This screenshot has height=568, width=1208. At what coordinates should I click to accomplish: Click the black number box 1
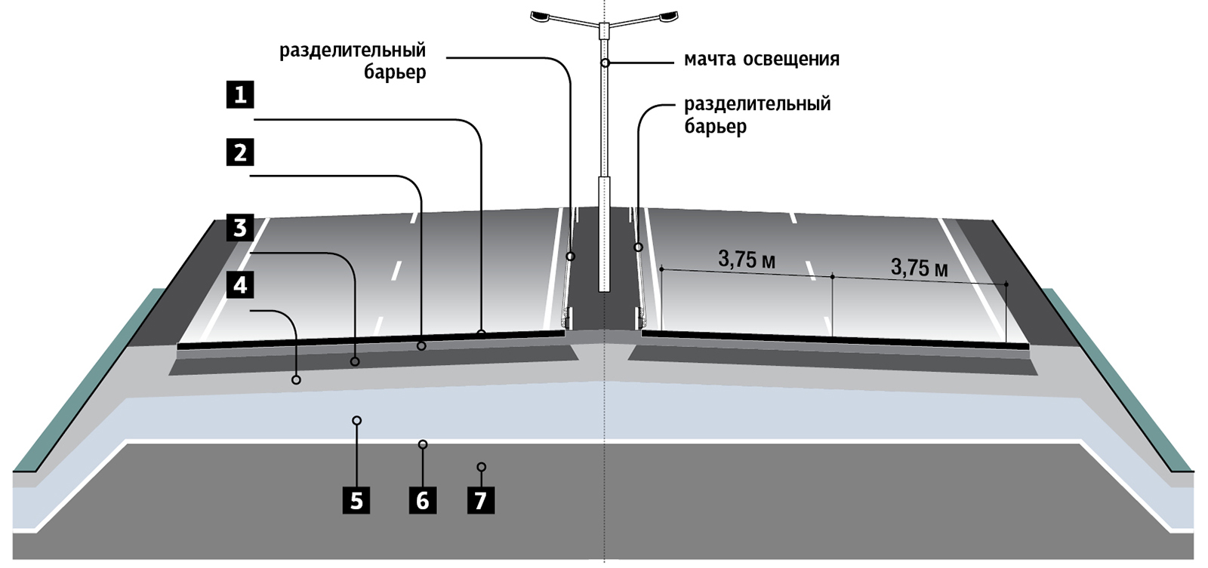pyautogui.click(x=240, y=95)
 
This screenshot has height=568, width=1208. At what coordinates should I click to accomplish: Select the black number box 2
pyautogui.click(x=240, y=152)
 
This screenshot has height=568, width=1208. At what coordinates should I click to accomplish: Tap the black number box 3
pyautogui.click(x=240, y=227)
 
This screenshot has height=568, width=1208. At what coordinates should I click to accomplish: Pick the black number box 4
pyautogui.click(x=240, y=285)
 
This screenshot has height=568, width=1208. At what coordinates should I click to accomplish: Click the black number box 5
pyautogui.click(x=356, y=500)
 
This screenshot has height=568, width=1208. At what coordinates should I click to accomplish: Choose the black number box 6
pyautogui.click(x=422, y=500)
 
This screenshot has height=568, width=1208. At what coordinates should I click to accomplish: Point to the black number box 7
pyautogui.click(x=481, y=500)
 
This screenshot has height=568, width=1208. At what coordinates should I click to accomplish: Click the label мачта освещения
pyautogui.click(x=761, y=60)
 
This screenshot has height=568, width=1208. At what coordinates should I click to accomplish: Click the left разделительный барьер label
pyautogui.click(x=353, y=61)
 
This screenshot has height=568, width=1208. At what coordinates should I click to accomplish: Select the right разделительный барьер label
pyautogui.click(x=757, y=115)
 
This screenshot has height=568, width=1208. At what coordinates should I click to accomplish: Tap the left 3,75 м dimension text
pyautogui.click(x=747, y=259)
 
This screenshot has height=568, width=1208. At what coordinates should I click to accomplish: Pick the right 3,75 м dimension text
pyautogui.click(x=919, y=267)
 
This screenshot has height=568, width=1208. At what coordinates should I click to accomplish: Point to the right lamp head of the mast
pyautogui.click(x=667, y=16)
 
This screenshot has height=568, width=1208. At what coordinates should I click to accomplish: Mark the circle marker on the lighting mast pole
pyautogui.click(x=605, y=63)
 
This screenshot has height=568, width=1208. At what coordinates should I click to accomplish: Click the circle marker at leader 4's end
pyautogui.click(x=296, y=379)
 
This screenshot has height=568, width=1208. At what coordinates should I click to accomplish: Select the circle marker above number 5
pyautogui.click(x=357, y=420)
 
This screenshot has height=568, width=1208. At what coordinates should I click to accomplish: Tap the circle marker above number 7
pyautogui.click(x=481, y=467)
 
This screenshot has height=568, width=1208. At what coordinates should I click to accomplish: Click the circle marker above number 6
pyautogui.click(x=423, y=444)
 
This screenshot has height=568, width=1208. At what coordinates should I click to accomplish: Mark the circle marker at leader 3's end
pyautogui.click(x=354, y=362)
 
